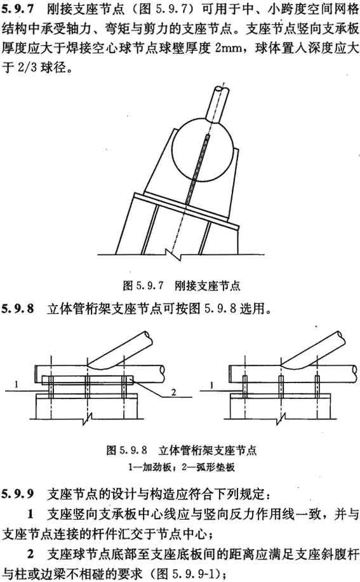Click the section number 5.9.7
point(17,10)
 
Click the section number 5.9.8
point(17,308)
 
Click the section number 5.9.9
point(17,494)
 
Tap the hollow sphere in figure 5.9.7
point(203,149)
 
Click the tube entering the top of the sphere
point(220,104)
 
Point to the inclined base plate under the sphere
point(187,210)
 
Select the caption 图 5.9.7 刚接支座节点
point(182,285)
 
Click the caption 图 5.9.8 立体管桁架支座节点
point(182,450)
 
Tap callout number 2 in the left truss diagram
point(173,392)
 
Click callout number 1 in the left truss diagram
point(16,384)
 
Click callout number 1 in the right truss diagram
point(211,385)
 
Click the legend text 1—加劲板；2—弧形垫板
point(182,467)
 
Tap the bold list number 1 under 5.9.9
point(30,515)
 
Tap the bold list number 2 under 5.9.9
point(30,555)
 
